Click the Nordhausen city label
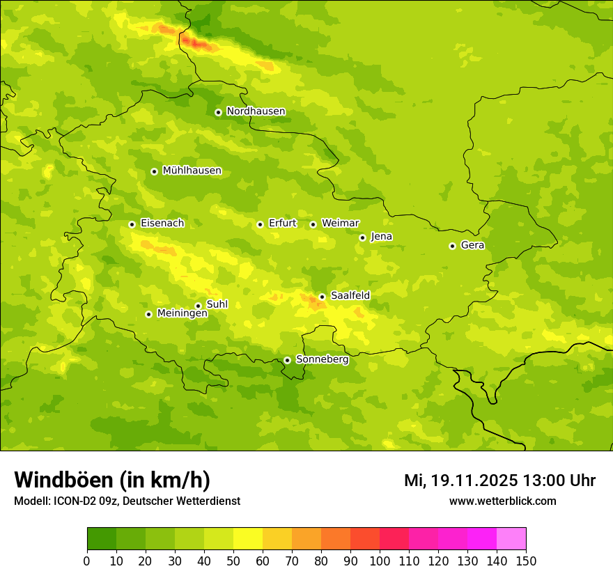click(x=256, y=111)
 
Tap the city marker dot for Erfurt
click(x=260, y=224)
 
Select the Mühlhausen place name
click(x=192, y=171)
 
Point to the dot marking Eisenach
click(x=132, y=224)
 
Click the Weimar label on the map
click(x=340, y=224)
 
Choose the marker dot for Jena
click(x=362, y=237)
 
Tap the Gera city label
click(x=472, y=245)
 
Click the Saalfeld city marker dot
click(x=322, y=297)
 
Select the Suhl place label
click(x=217, y=304)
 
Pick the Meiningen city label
click(x=183, y=313)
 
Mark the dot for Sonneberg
click(x=287, y=360)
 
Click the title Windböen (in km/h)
click(x=112, y=480)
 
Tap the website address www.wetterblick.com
click(x=502, y=501)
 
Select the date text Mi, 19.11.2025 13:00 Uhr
click(x=499, y=481)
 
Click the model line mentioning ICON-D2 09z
click(x=127, y=501)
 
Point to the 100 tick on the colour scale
click(x=380, y=561)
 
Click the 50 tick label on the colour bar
click(x=233, y=561)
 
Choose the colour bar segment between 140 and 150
click(x=511, y=539)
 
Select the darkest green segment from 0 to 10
click(x=102, y=539)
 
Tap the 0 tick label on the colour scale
click(x=87, y=561)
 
